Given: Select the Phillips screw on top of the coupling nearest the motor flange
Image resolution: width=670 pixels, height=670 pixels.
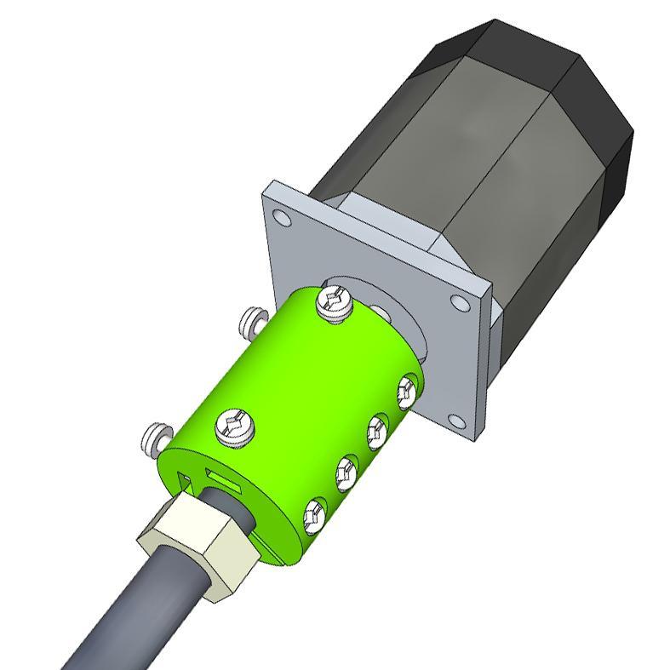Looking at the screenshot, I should click(333, 304).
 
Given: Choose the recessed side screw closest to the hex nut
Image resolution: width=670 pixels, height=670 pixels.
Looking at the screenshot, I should click(315, 513).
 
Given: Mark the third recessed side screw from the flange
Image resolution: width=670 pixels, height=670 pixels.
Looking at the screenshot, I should click(346, 469).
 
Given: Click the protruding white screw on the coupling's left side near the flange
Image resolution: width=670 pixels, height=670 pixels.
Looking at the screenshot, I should click(249, 321).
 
